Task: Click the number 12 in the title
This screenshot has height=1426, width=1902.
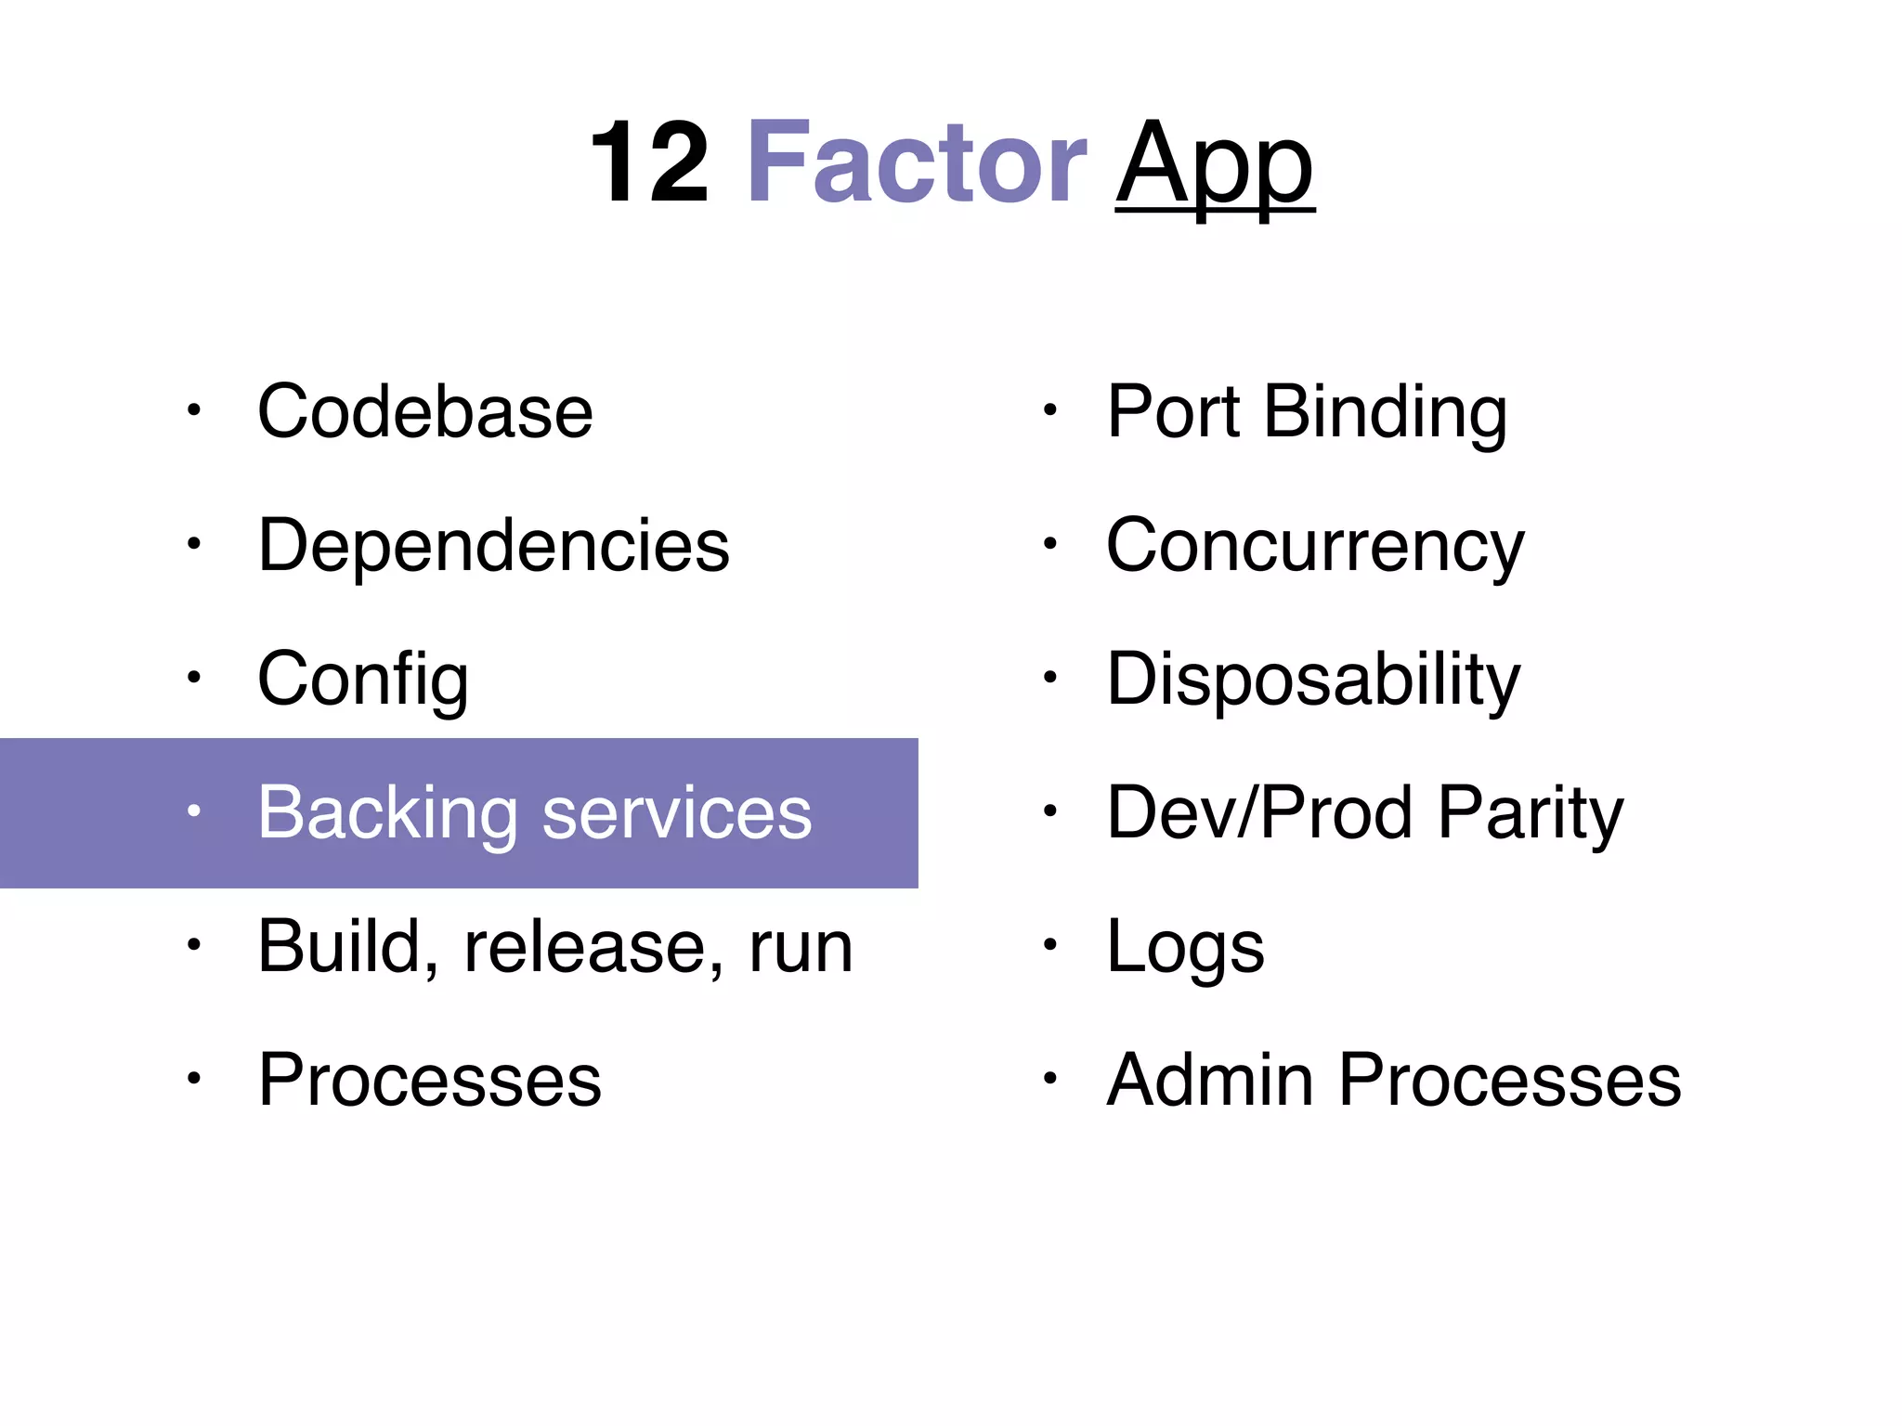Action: pos(649,162)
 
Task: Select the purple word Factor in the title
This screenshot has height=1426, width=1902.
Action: pos(916,162)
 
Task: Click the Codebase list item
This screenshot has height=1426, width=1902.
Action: pos(424,411)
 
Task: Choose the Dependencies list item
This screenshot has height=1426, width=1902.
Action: pos(493,545)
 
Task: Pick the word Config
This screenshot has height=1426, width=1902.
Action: pos(362,680)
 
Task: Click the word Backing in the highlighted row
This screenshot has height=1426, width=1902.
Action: pos(387,813)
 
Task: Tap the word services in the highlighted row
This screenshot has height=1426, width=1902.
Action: pos(676,813)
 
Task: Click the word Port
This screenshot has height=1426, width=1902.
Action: pos(1174,411)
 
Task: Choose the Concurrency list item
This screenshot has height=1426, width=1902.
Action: pos(1315,547)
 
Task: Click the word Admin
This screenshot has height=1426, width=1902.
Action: pos(1210,1080)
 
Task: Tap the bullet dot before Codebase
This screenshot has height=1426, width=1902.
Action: pos(193,410)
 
